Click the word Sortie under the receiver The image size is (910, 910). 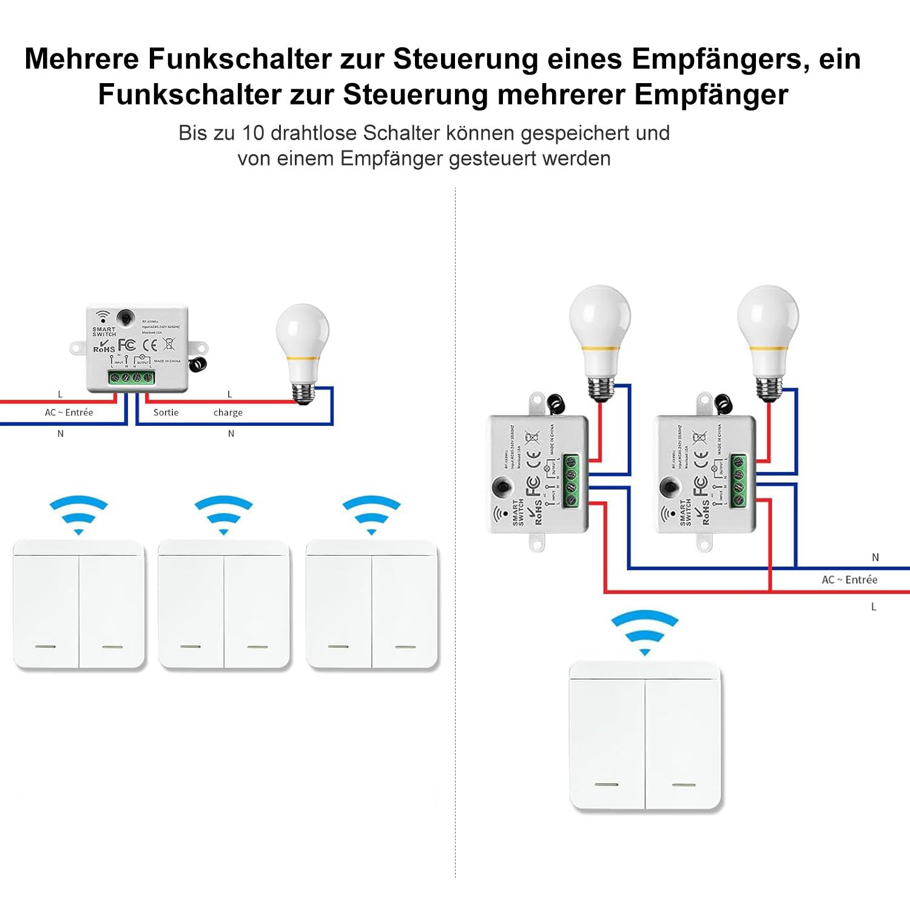click(166, 413)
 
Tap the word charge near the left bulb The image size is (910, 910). click(227, 413)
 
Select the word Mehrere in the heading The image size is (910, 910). click(81, 59)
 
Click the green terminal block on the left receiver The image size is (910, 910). click(132, 377)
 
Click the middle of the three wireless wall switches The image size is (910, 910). click(224, 604)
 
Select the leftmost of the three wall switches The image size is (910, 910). click(79, 604)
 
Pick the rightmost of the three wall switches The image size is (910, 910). click(371, 604)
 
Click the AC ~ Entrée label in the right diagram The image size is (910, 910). click(849, 580)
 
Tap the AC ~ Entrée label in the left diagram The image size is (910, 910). click(69, 413)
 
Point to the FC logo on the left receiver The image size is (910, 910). click(127, 345)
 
